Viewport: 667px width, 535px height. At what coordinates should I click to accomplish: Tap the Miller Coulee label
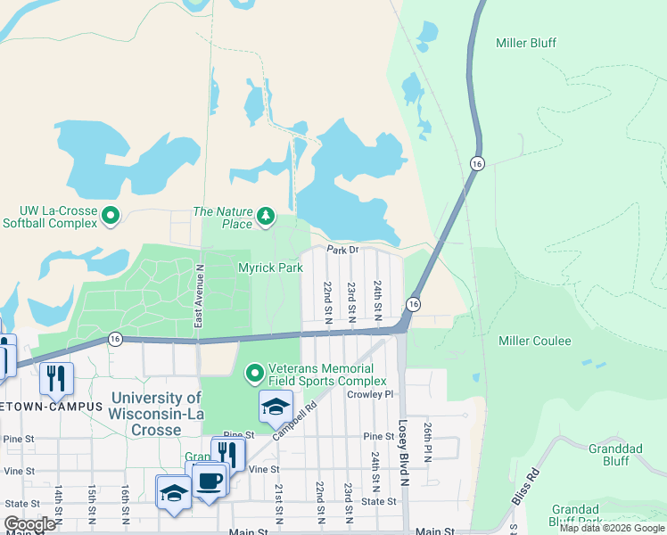(x=535, y=341)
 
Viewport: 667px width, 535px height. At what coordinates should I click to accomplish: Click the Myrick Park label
(x=270, y=267)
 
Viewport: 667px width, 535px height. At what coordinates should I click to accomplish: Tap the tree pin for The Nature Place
(x=265, y=216)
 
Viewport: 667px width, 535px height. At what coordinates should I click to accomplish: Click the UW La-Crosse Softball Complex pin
(x=111, y=216)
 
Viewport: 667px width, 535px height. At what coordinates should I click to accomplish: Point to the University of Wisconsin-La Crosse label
(x=155, y=414)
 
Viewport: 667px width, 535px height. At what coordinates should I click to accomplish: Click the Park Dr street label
(x=342, y=250)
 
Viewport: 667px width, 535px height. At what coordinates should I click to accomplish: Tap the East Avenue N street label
(x=200, y=293)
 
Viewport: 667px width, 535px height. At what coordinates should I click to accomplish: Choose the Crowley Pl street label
(x=370, y=394)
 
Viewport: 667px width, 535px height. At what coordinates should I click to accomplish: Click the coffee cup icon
(x=210, y=481)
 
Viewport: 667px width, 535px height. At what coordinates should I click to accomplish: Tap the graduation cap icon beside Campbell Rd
(x=276, y=407)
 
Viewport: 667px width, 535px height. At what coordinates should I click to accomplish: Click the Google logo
(x=29, y=523)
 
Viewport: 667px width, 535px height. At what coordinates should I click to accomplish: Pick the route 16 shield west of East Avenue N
(x=115, y=338)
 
